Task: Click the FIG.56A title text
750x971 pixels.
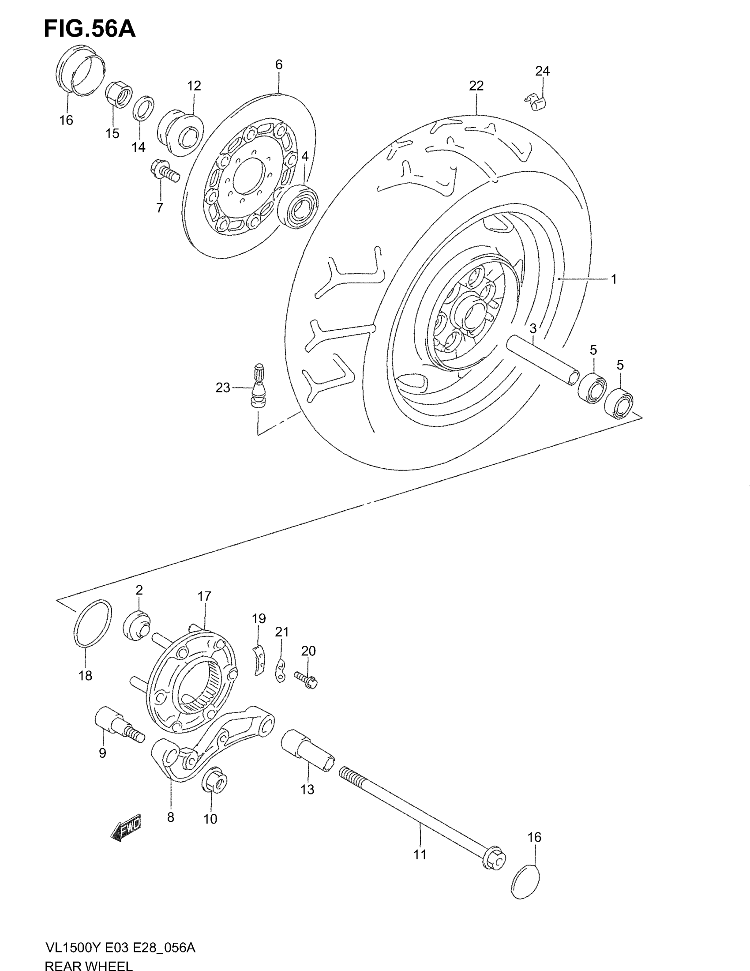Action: pyautogui.click(x=89, y=29)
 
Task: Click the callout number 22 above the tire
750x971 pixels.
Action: pyautogui.click(x=476, y=86)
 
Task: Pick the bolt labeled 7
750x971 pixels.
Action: pyautogui.click(x=165, y=171)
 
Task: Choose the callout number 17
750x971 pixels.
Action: pyautogui.click(x=204, y=596)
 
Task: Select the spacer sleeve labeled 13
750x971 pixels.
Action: pyautogui.click(x=307, y=751)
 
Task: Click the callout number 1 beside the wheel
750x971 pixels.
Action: pyautogui.click(x=614, y=279)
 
